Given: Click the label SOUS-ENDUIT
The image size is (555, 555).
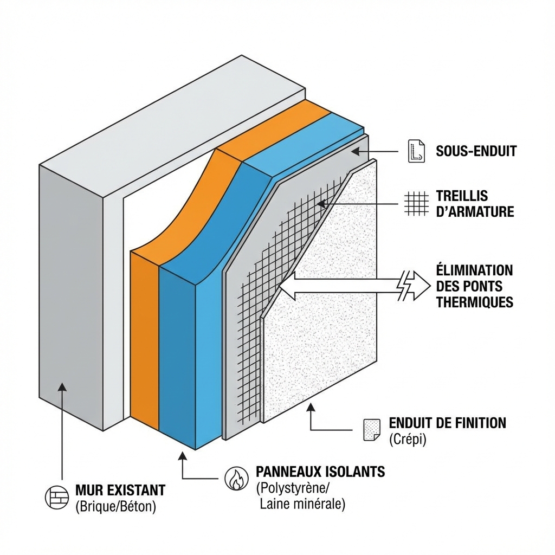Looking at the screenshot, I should [x=476, y=151].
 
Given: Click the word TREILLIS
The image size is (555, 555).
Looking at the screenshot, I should [x=462, y=196].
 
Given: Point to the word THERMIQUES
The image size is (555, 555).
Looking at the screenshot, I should [x=474, y=302].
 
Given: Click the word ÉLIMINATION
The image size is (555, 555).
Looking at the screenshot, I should [x=474, y=270].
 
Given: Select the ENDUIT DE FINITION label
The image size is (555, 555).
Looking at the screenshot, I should [x=447, y=423].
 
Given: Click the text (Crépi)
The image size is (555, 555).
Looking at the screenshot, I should [x=408, y=440].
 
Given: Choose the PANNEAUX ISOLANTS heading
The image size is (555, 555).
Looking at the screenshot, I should [x=320, y=472].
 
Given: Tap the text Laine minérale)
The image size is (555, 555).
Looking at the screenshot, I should [x=302, y=504].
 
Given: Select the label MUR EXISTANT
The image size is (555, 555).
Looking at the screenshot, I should [x=120, y=491].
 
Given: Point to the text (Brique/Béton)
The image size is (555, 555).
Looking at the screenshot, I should [x=115, y=507].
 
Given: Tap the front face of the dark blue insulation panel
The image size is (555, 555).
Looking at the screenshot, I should [x=177, y=352].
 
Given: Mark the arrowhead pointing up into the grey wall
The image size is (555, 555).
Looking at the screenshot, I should [x=63, y=388].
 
